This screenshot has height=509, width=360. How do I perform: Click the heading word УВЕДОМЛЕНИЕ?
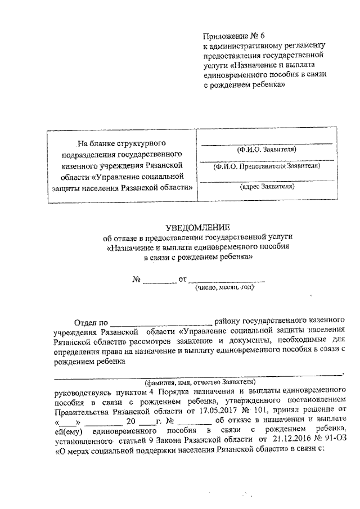coord(198,228)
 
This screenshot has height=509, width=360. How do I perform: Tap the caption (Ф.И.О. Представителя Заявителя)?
coord(266,166)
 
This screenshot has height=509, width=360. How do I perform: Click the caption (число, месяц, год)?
coord(224,287)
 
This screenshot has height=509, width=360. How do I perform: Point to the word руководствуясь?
coord(82,390)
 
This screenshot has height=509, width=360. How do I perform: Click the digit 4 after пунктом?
coord(151,390)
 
